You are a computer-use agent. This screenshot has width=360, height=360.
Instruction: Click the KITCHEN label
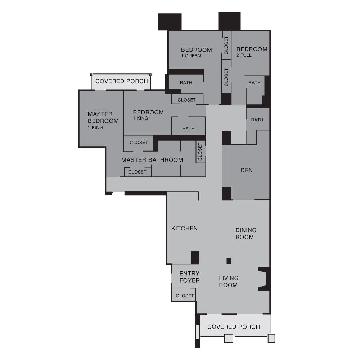pyautogui.click(x=184, y=228)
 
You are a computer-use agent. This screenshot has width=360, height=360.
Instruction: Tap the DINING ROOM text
pyautogui.click(x=246, y=234)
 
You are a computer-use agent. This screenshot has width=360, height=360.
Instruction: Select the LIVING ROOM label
pyautogui.click(x=229, y=282)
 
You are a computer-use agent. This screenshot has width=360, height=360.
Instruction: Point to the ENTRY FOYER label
pyautogui.click(x=189, y=277)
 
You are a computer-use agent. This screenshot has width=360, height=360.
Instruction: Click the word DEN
pyautogui.click(x=247, y=170)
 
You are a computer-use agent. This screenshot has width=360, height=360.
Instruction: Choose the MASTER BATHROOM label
pyautogui.click(x=152, y=160)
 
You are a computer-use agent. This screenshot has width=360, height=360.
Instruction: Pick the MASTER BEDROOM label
pyautogui.click(x=103, y=118)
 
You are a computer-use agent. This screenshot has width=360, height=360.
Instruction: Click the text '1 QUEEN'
pyautogui.click(x=191, y=56)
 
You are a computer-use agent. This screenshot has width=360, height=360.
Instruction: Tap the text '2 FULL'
pyautogui.click(x=244, y=55)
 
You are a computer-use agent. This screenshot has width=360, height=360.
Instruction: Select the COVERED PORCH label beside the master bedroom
pyautogui.click(x=122, y=81)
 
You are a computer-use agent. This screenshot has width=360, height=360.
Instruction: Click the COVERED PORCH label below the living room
pyautogui.click(x=234, y=327)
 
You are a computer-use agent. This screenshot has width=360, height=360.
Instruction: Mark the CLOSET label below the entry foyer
pyautogui.click(x=185, y=296)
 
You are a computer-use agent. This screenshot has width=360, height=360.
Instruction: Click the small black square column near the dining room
pyautogui.click(x=229, y=261)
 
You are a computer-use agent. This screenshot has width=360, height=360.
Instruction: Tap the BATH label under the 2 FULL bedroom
pyautogui.click(x=254, y=83)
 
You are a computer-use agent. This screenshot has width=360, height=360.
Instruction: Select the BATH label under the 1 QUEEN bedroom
pyautogui.click(x=186, y=83)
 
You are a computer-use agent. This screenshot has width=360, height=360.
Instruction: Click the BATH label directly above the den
pyautogui.click(x=257, y=120)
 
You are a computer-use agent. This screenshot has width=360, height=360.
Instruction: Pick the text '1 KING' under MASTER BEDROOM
pyautogui.click(x=95, y=127)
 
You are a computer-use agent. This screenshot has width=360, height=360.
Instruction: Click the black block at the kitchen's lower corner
pyautogui.click(x=195, y=257)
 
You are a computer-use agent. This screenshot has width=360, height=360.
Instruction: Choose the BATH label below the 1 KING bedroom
pyautogui.click(x=188, y=129)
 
